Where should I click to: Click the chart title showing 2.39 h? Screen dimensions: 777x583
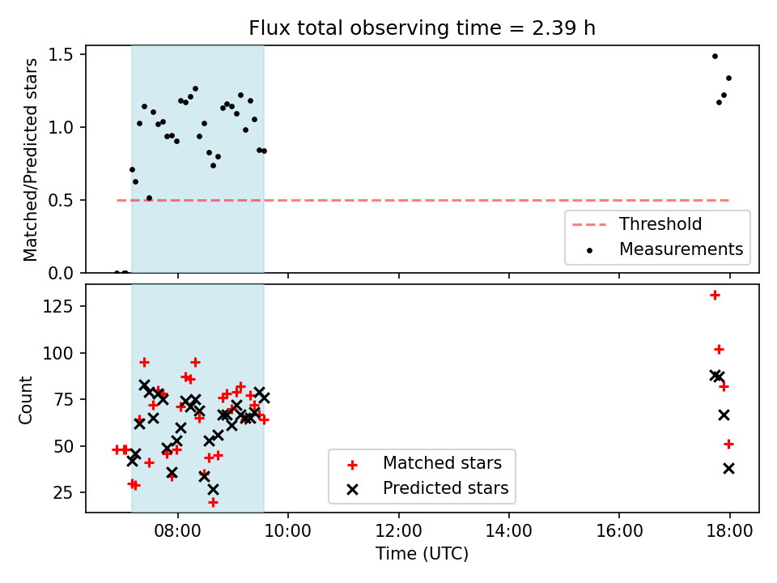pyautogui.click(x=422, y=28)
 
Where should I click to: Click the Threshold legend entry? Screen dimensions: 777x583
pyautogui.click(x=637, y=224)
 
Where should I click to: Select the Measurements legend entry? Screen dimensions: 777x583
pyautogui.click(x=664, y=249)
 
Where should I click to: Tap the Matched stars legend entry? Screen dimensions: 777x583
pyautogui.click(x=424, y=463)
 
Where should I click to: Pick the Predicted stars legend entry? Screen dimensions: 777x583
pyautogui.click(x=427, y=488)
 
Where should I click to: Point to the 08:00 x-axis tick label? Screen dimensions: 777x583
pyautogui.click(x=178, y=531)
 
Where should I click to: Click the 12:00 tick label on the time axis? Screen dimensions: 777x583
pyautogui.click(x=398, y=531)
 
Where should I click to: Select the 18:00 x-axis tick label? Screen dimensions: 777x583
pyautogui.click(x=729, y=531)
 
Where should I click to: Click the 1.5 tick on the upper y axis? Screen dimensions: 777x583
pyautogui.click(x=61, y=54)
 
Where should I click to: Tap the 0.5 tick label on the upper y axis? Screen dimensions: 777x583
pyautogui.click(x=61, y=200)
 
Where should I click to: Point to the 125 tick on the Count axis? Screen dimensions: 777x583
pyautogui.click(x=58, y=306)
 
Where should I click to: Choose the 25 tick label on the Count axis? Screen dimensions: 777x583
pyautogui.click(x=63, y=493)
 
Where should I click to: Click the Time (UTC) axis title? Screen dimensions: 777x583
pyautogui.click(x=422, y=554)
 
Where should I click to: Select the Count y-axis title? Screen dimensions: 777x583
pyautogui.click(x=25, y=399)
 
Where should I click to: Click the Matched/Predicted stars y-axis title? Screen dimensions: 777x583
pyautogui.click(x=30, y=160)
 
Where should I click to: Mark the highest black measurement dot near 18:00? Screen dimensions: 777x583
pyautogui.click(x=715, y=57)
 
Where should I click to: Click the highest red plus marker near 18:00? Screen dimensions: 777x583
pyautogui.click(x=715, y=296)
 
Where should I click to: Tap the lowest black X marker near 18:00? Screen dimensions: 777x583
pyautogui.click(x=728, y=469)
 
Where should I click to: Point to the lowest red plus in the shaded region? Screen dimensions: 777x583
pyautogui.click(x=213, y=503)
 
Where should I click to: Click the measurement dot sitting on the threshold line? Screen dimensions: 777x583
pyautogui.click(x=149, y=198)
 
